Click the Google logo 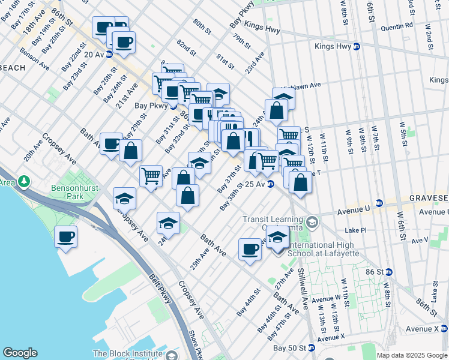point(20,353)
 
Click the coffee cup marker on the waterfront point(65,236)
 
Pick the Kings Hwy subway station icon point(356,46)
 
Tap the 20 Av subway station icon point(109,54)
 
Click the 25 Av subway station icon point(271,184)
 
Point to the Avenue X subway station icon point(444,328)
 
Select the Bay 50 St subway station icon point(312,347)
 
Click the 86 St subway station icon point(388,272)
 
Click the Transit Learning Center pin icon point(311,223)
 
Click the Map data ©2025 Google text point(411,355)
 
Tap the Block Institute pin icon point(173,355)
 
